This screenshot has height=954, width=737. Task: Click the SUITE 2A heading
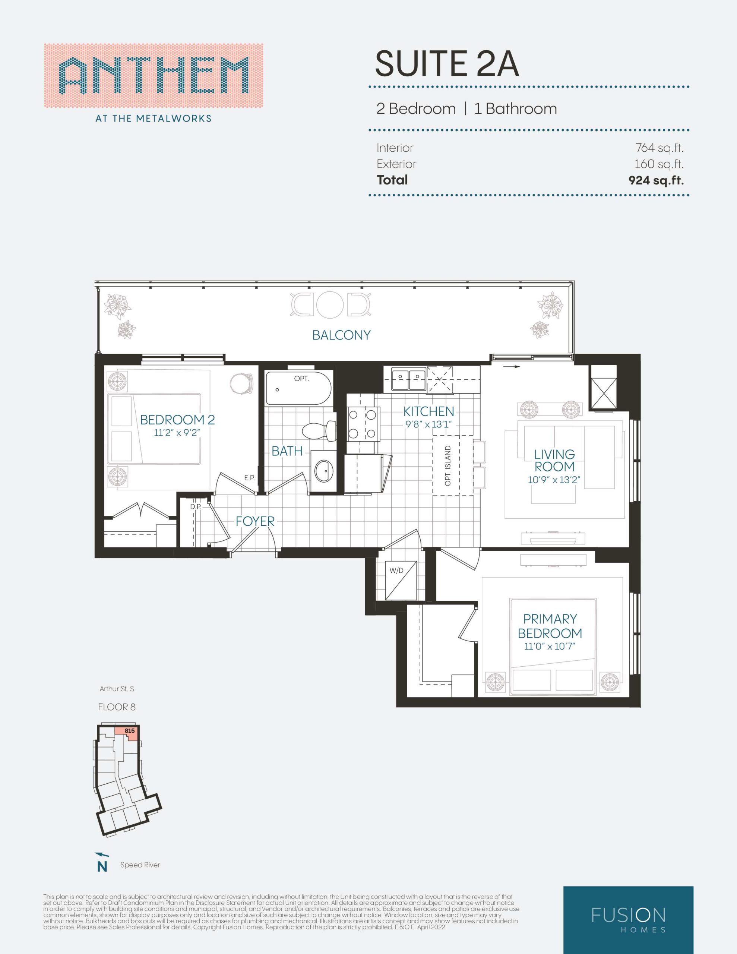click(x=447, y=64)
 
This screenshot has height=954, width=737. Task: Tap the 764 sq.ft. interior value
click(x=659, y=148)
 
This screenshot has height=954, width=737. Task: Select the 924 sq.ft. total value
click(x=656, y=180)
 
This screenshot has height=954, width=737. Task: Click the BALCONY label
click(x=341, y=335)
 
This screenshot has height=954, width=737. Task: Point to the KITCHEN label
click(x=428, y=411)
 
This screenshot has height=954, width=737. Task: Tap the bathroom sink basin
click(x=324, y=470)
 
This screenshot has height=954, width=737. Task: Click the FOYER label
click(x=255, y=521)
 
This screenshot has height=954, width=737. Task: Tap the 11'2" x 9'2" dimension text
click(x=177, y=433)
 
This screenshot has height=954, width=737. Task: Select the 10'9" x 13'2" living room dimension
click(x=554, y=479)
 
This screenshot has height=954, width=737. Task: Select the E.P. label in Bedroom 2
click(x=249, y=478)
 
